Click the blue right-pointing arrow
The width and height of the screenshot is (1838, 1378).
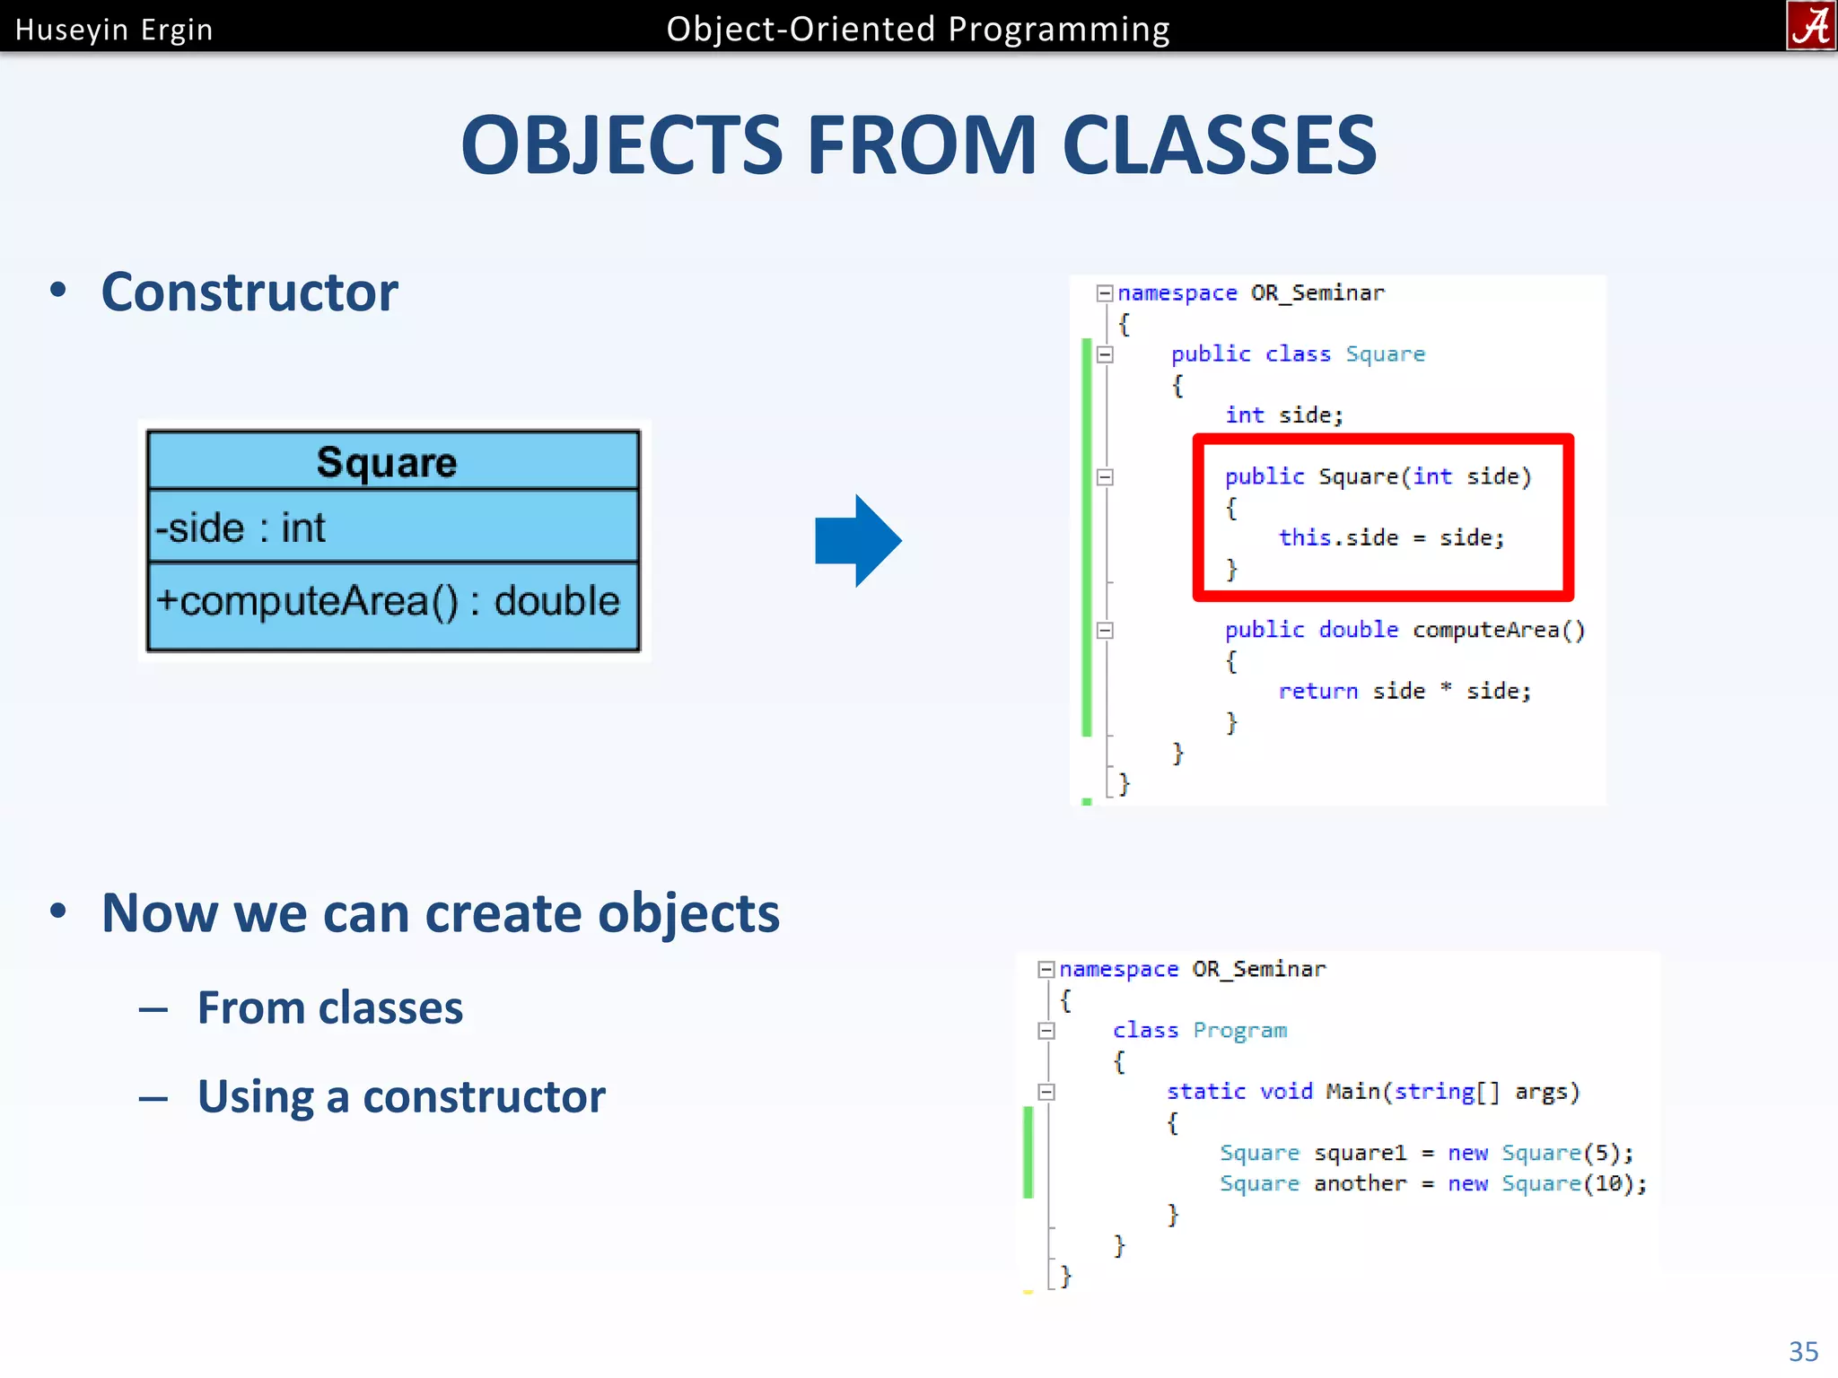click(x=857, y=541)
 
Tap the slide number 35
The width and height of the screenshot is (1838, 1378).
click(x=1803, y=1351)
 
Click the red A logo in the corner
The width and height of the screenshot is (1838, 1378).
click(x=1810, y=25)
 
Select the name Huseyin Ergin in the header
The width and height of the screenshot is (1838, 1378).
click(x=114, y=30)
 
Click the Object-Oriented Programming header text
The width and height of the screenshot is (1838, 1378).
click(x=917, y=30)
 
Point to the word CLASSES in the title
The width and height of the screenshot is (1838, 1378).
click(x=1218, y=145)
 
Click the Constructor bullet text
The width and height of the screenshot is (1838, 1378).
click(x=249, y=292)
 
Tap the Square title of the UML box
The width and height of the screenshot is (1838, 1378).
click(x=387, y=462)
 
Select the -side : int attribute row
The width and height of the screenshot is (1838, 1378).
click(x=241, y=528)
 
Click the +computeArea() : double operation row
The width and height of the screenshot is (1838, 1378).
click(x=388, y=601)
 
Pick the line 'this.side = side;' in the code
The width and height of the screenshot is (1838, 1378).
click(x=1390, y=537)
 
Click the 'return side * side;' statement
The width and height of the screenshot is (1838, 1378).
click(x=1404, y=691)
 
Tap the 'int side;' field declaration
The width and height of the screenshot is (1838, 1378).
click(x=1283, y=414)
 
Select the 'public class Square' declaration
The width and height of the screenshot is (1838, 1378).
click(x=1297, y=353)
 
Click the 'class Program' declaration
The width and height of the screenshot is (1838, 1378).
click(x=1199, y=1030)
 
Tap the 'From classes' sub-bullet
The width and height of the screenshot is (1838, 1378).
click(x=330, y=1007)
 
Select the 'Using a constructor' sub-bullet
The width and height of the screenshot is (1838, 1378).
click(x=401, y=1096)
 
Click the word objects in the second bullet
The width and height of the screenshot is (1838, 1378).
click(x=688, y=913)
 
